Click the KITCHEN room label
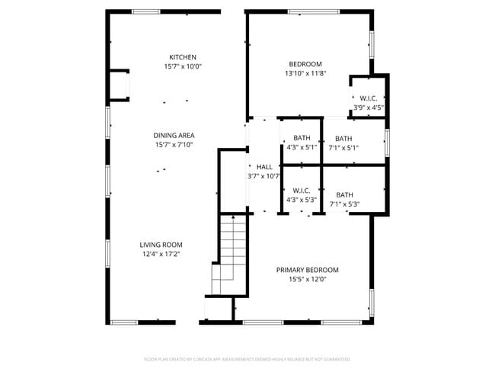click(183, 57)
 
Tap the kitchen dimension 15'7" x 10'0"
click(183, 66)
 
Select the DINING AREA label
click(174, 135)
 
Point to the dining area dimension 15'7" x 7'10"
click(174, 144)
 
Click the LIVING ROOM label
click(160, 245)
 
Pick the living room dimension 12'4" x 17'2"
click(160, 254)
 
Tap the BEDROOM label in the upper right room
click(305, 64)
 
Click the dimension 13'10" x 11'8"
click(305, 73)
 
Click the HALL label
click(264, 167)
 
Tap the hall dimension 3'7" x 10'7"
click(264, 176)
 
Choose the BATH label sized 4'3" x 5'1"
click(300, 138)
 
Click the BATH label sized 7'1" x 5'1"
click(343, 139)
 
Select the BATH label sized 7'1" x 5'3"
click(344, 194)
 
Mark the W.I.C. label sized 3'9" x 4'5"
click(369, 98)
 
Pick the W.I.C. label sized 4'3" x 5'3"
click(301, 191)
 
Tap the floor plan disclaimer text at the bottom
click(247, 358)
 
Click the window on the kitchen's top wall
click(145, 11)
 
